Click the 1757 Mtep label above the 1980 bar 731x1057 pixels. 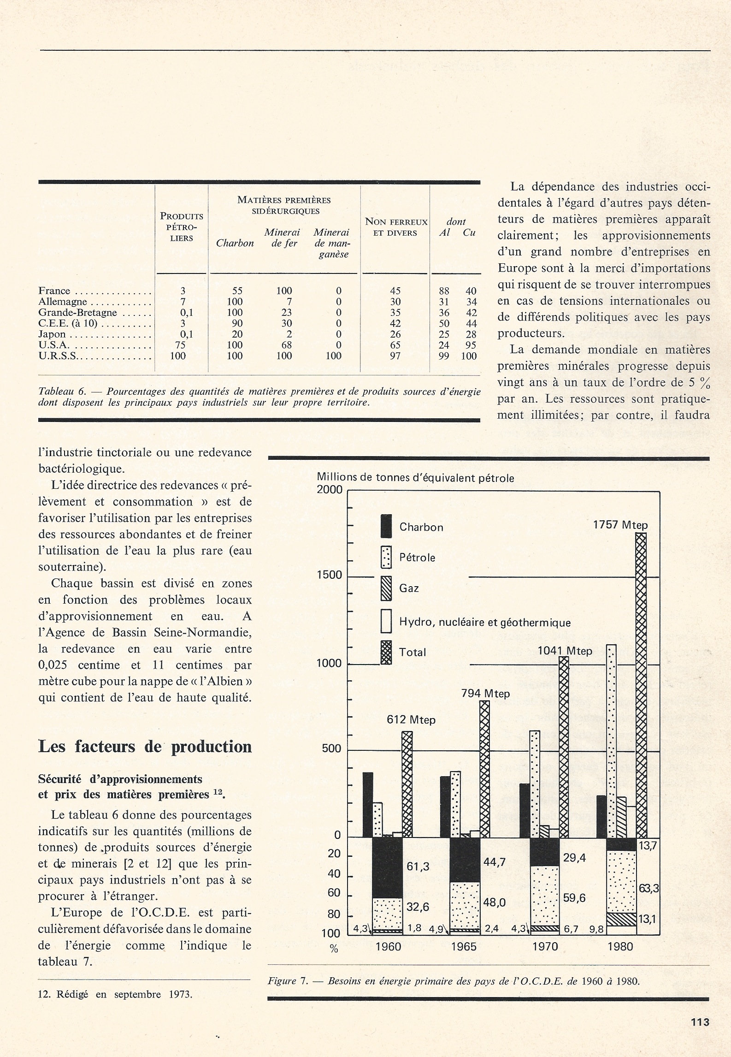(620, 525)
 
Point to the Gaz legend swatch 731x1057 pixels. (386, 588)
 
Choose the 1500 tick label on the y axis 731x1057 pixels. (330, 575)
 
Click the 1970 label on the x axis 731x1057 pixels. (545, 947)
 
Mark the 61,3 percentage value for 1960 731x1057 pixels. (418, 867)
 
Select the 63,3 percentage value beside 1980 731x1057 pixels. (648, 888)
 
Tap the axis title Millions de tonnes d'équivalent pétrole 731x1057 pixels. (415, 478)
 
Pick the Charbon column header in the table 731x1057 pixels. (235, 243)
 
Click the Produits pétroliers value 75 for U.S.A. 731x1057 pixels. (180, 345)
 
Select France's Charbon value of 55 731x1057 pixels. (237, 291)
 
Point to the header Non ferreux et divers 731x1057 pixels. (396, 227)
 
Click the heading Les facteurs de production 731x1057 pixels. (145, 747)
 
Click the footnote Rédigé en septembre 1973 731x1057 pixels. (115, 995)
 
